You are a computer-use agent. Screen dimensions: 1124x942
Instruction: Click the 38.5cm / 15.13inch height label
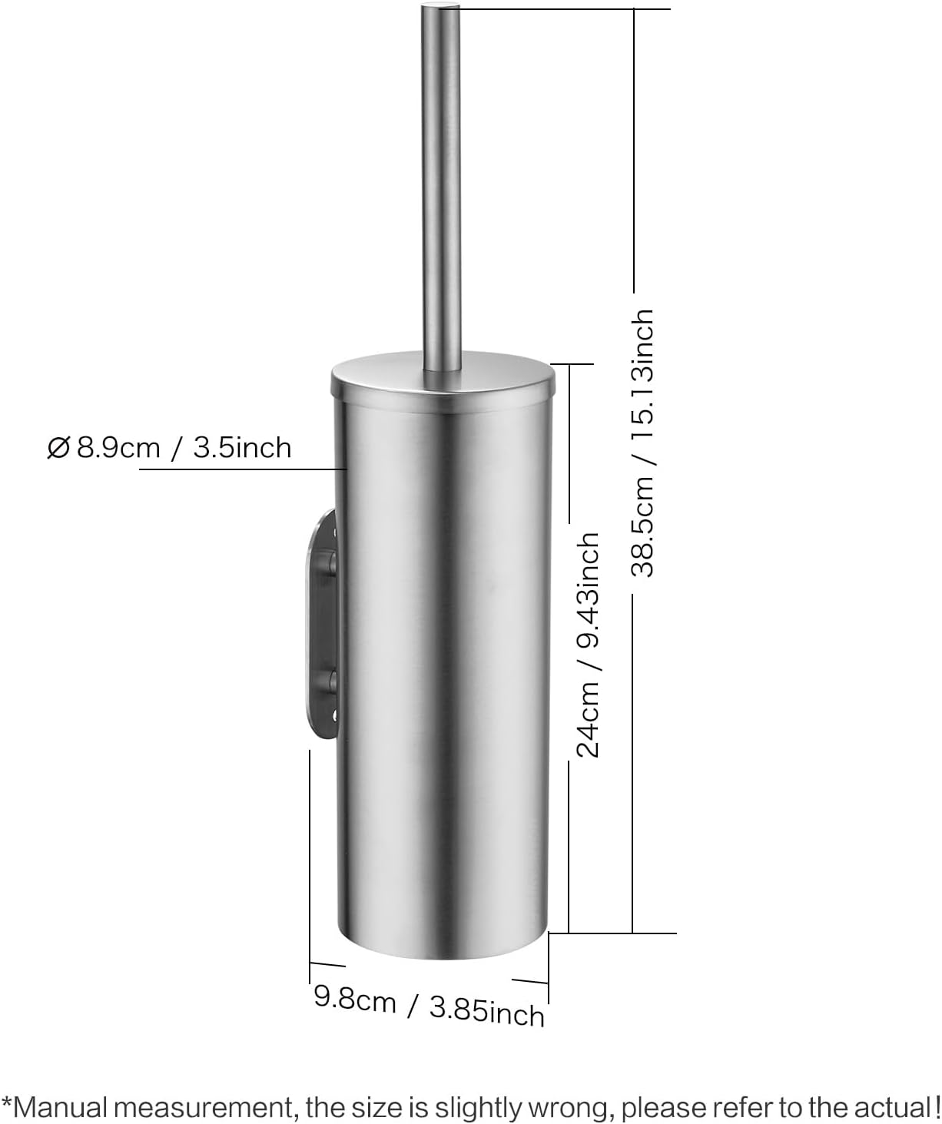642,443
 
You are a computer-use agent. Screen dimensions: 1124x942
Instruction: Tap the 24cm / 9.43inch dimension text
588,644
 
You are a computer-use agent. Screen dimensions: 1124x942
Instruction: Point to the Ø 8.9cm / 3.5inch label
170,447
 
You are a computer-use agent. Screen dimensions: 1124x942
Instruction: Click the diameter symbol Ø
58,448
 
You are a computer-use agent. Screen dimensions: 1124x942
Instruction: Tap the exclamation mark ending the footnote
935,1107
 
